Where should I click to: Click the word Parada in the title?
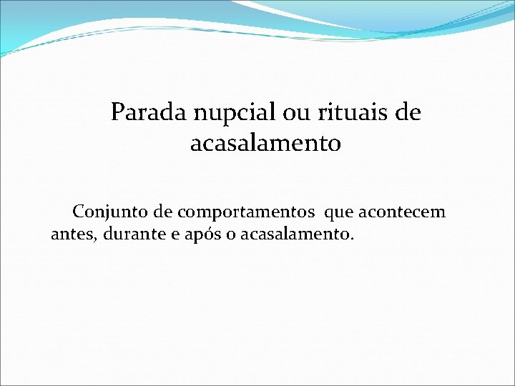tap(147, 113)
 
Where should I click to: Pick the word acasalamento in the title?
tap(265, 144)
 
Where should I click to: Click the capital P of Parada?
tap(117, 113)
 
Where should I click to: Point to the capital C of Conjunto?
tap(79, 212)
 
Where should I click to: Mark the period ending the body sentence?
tap(351, 239)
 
